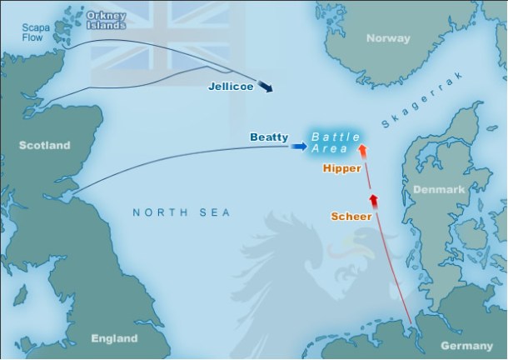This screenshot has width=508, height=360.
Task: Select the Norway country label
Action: (390, 38)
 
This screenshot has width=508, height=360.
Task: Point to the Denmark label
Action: (438, 189)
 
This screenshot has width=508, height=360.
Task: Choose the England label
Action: (115, 338)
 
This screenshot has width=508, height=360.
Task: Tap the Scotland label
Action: (45, 145)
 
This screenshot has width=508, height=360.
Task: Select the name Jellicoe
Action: (231, 85)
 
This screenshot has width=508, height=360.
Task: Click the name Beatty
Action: (269, 136)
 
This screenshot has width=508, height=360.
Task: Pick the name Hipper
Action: (341, 167)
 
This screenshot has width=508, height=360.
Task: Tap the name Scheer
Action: (351, 216)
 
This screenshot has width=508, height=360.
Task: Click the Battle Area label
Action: (335, 142)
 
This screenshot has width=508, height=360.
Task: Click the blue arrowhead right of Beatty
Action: (298, 147)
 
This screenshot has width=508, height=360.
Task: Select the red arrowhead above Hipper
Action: (362, 151)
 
